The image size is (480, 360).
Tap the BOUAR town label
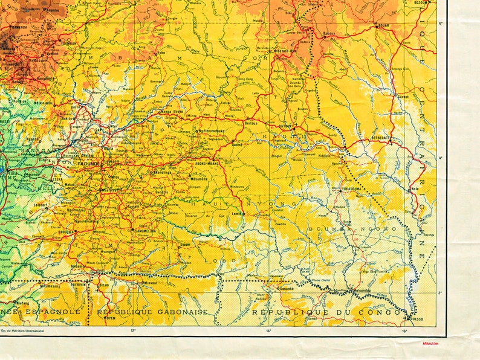383,26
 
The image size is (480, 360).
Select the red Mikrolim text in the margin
433,343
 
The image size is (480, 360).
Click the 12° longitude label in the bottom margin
133,330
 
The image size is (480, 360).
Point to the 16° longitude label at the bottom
404,330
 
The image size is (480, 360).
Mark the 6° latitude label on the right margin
441,23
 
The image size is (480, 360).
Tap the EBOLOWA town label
66,231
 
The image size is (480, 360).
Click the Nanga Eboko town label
171,111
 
